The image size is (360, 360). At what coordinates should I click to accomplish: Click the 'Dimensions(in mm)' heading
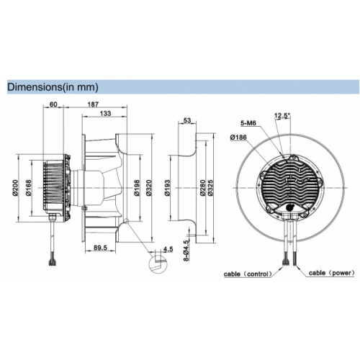(53, 87)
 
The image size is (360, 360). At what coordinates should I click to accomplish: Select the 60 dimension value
(53, 104)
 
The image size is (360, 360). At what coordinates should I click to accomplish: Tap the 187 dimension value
(93, 104)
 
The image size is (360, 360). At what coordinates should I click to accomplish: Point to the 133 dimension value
(106, 113)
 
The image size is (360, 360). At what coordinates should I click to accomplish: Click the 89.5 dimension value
(100, 248)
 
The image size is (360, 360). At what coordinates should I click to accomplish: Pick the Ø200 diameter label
(15, 188)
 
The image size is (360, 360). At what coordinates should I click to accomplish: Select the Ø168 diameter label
(28, 188)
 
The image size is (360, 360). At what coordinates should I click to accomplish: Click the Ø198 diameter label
(137, 188)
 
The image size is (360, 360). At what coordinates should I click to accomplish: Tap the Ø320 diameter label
(149, 188)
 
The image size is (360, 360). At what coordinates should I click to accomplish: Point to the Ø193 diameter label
(168, 188)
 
